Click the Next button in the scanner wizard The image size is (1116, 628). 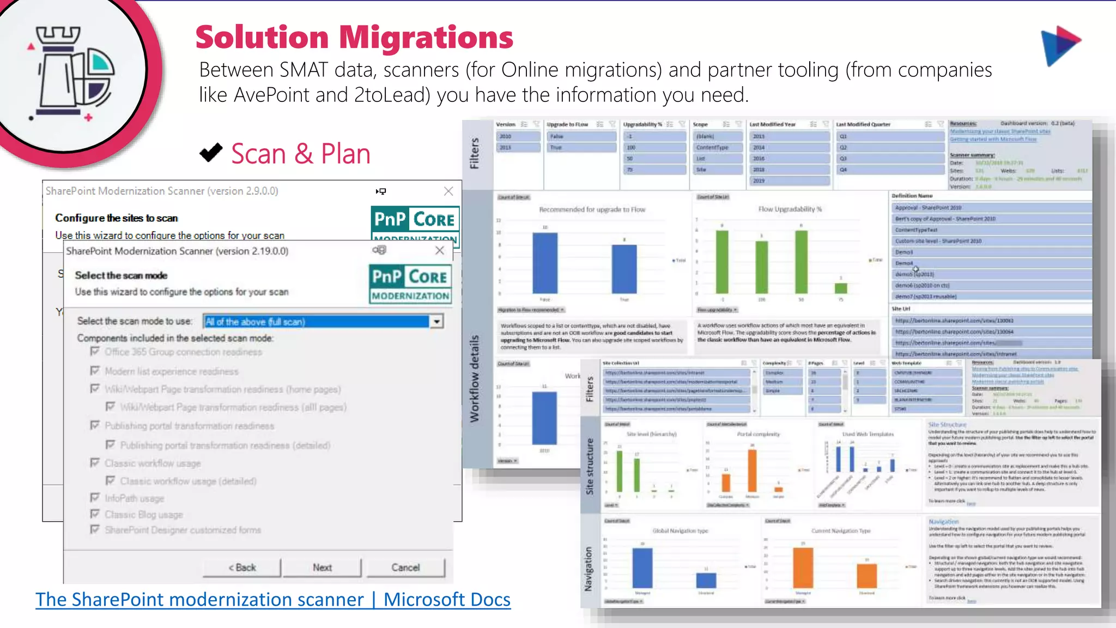[x=322, y=567]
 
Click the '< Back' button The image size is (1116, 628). [x=242, y=567]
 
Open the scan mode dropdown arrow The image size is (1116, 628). [x=436, y=322]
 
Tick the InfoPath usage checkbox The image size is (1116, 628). [x=95, y=498]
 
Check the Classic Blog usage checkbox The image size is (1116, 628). [x=95, y=514]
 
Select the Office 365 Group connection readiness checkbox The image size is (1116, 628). [x=95, y=352]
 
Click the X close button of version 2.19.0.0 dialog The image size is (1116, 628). [x=440, y=250]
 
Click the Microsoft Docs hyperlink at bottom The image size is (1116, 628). [x=273, y=600]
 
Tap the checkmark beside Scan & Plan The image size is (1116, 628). [x=211, y=153]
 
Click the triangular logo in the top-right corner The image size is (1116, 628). [x=1060, y=45]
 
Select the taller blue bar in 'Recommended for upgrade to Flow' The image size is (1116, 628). [x=545, y=263]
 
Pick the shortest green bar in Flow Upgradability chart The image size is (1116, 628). [x=841, y=288]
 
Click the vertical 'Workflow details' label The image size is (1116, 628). [x=475, y=378]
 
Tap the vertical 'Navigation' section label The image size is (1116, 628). [x=589, y=569]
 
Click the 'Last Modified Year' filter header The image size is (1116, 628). [x=772, y=124]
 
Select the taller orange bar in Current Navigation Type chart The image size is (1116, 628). [x=803, y=567]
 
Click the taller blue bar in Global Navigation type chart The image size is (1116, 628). [x=642, y=567]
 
